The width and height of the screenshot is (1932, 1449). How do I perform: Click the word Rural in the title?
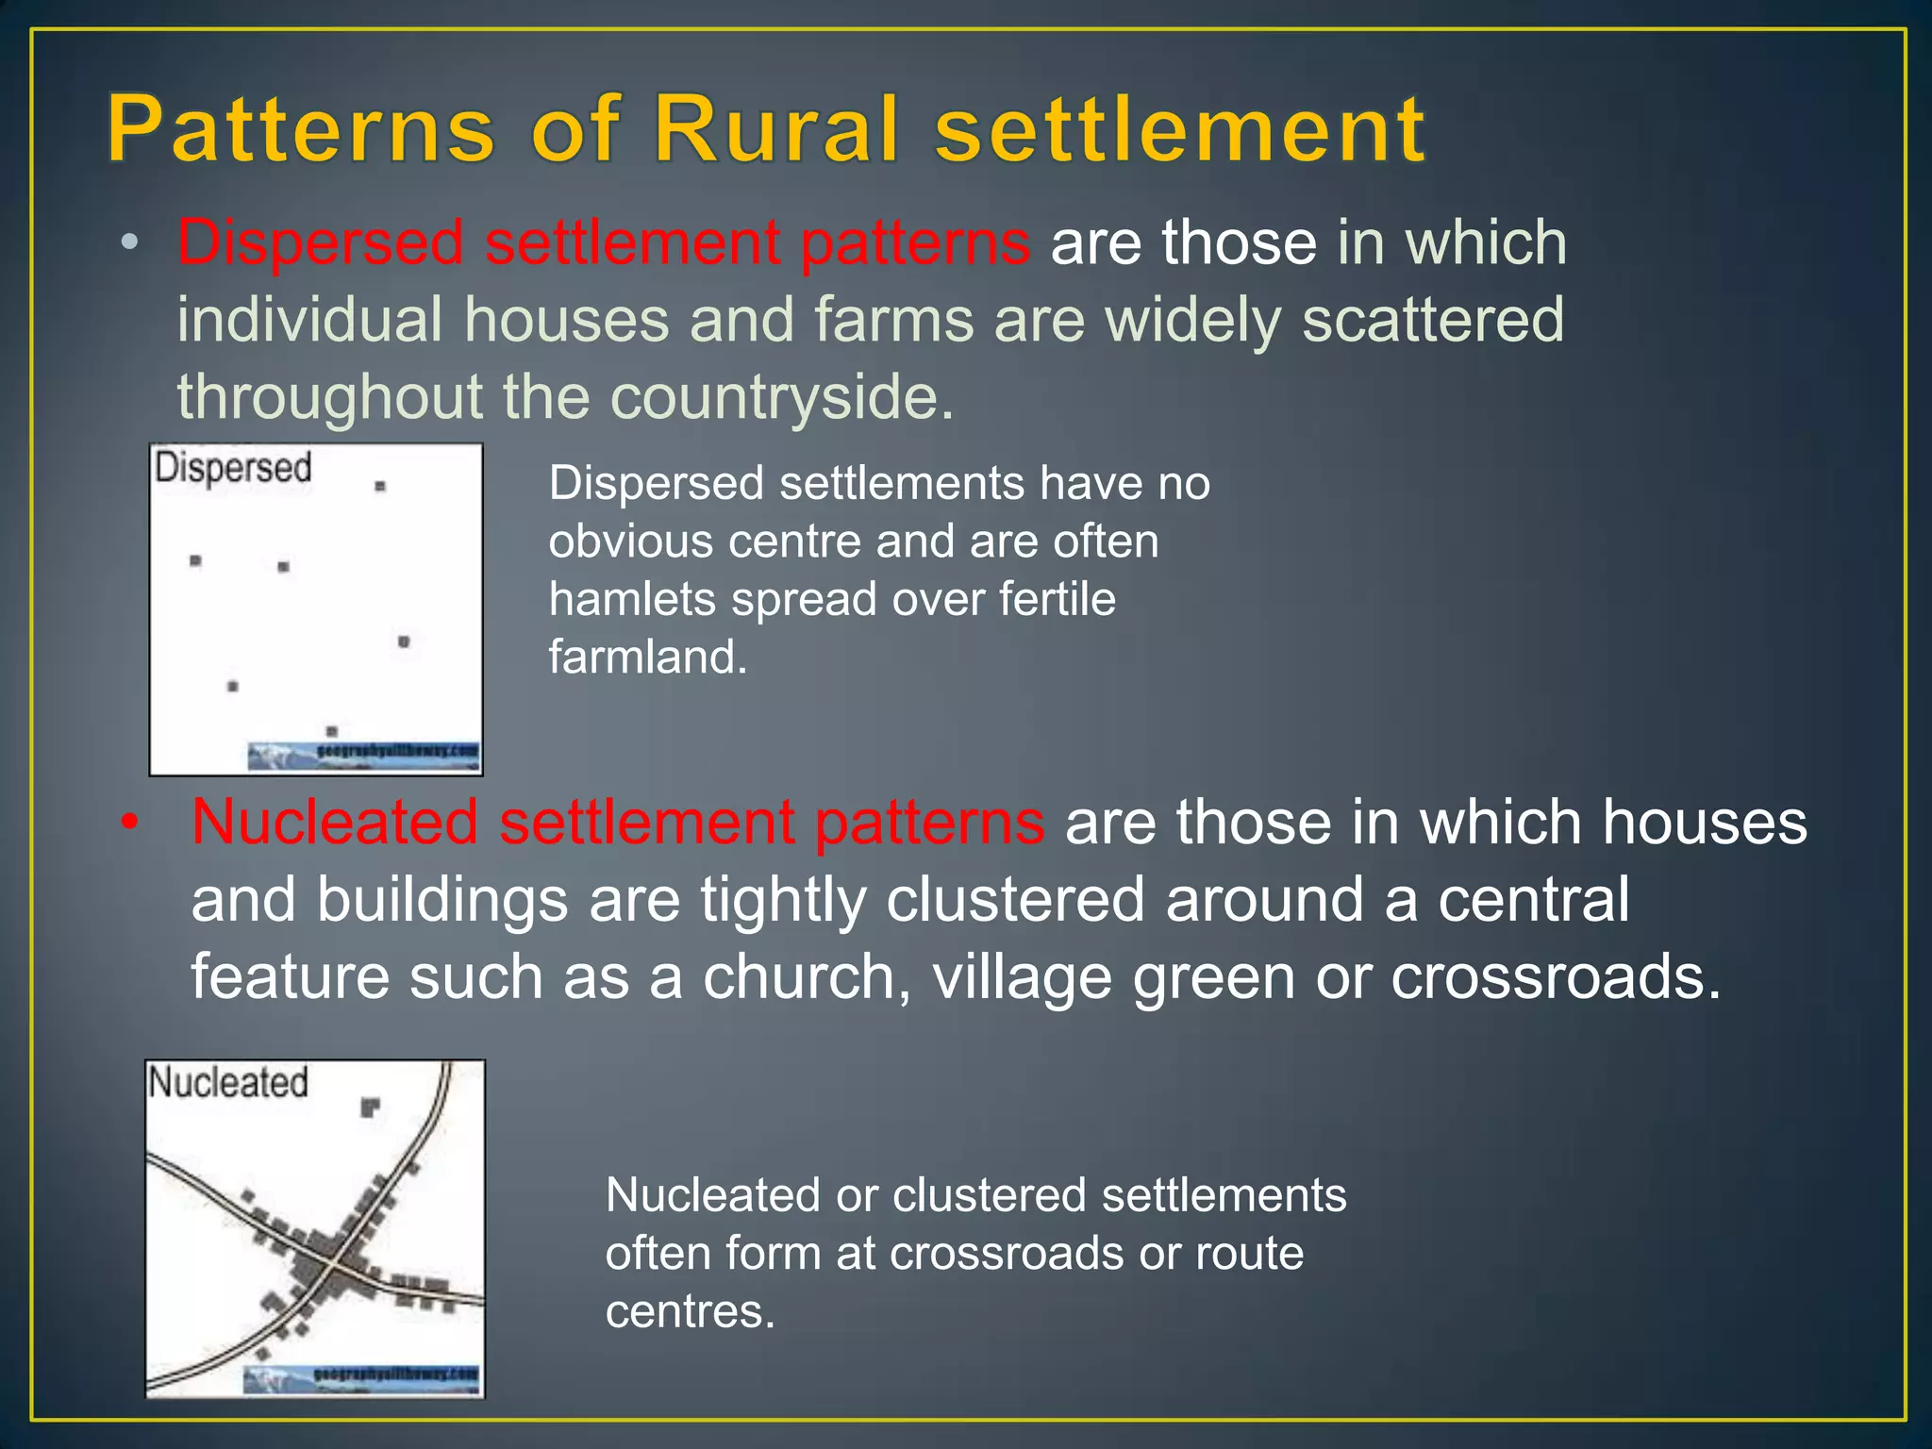tap(775, 129)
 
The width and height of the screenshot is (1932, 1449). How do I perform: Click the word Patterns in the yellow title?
tap(300, 129)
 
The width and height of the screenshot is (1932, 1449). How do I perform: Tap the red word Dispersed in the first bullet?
tap(320, 242)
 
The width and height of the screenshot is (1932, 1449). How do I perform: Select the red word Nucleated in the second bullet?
tap(334, 822)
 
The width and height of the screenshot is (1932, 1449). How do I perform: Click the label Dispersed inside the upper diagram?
tap(232, 468)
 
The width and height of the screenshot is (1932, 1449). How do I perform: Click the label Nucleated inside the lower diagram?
tap(228, 1082)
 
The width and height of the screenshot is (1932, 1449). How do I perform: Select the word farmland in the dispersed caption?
tap(647, 658)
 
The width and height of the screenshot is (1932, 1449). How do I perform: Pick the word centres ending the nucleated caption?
tap(689, 1311)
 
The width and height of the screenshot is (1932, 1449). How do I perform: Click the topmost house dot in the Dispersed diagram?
tap(380, 486)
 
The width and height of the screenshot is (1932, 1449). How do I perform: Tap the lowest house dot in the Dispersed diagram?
tap(331, 731)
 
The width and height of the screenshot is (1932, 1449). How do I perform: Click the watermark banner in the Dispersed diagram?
tap(364, 756)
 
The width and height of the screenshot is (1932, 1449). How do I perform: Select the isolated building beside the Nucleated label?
tap(370, 1107)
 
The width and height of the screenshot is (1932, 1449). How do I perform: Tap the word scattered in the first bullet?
tap(1432, 320)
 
